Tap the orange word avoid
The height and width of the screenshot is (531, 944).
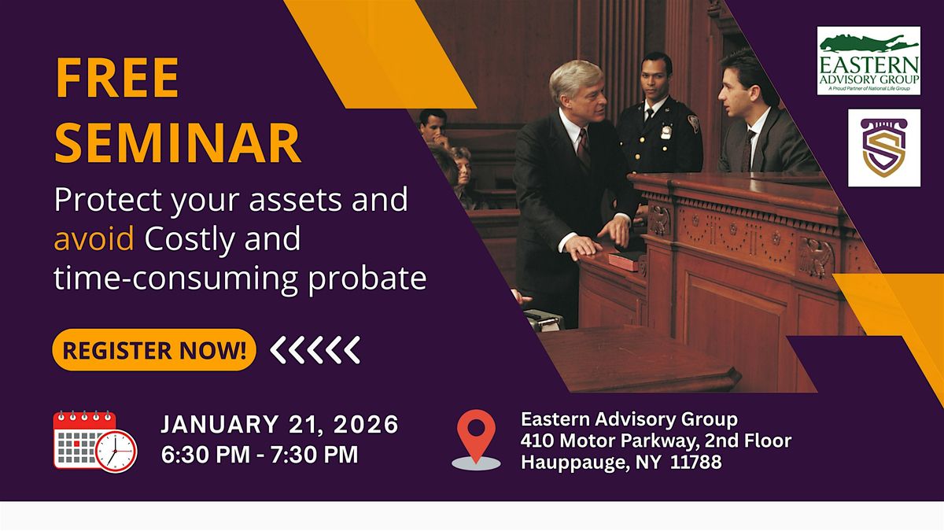[94, 239]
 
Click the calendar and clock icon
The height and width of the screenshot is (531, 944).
[94, 441]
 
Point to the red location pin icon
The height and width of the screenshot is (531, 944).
[476, 437]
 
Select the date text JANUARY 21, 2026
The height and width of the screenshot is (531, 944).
[280, 426]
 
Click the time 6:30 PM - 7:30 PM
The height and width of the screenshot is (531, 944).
[260, 455]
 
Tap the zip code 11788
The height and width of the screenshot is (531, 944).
[696, 462]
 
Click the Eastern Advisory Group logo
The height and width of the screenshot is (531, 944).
[868, 61]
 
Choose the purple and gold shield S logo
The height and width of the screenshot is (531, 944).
[883, 148]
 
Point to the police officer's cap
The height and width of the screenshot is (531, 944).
[655, 61]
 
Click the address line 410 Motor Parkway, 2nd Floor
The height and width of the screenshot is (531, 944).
[655, 441]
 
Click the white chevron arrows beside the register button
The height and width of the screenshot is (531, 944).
[315, 350]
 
